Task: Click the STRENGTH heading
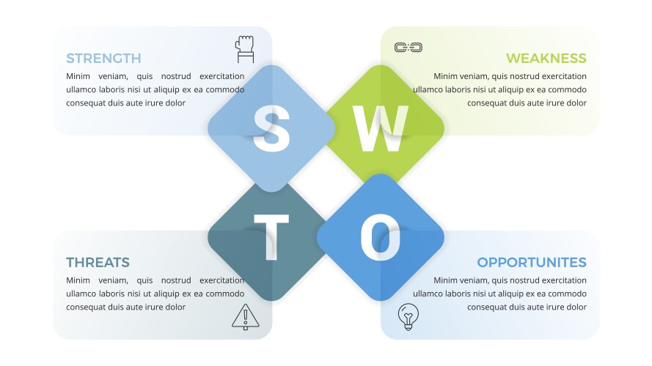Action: tap(103, 59)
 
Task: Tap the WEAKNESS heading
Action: tap(546, 59)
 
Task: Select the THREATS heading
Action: tap(98, 263)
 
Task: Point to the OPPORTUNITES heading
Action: tap(532, 263)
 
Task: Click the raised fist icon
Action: tap(245, 49)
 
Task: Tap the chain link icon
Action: tap(409, 48)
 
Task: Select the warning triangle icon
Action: tap(246, 317)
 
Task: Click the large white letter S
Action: tap(271, 128)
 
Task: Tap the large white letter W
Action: tap(381, 128)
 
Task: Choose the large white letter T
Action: tap(271, 238)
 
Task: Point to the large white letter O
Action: tap(381, 237)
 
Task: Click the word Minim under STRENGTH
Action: tap(78, 76)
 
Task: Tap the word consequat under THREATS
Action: tap(86, 307)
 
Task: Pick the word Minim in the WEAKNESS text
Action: tap(445, 76)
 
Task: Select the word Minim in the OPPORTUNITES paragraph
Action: tap(445, 280)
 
